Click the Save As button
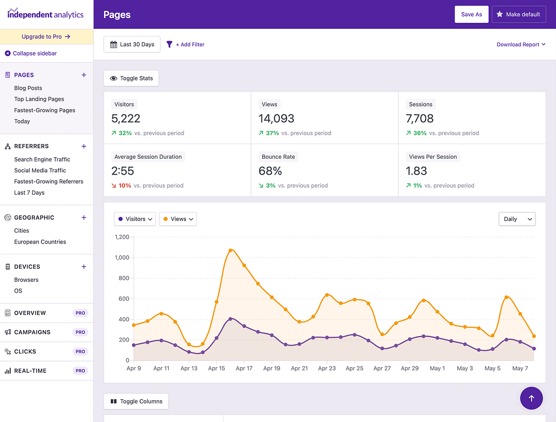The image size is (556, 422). coord(471,15)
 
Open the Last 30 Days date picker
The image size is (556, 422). coord(132,45)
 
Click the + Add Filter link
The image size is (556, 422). coord(186,45)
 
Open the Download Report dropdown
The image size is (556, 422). coord(521,45)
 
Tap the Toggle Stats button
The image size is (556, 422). coord(131,78)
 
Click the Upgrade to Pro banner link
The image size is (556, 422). coord(46,36)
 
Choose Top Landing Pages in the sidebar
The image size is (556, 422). coord(39,99)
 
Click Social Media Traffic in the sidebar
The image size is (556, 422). coord(40,170)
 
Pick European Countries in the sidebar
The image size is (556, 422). coord(40,242)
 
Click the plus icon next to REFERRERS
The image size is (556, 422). coord(84,146)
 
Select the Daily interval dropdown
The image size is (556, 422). coord(517,219)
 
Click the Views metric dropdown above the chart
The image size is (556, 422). coord(178,219)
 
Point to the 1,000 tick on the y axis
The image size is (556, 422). coord(122,258)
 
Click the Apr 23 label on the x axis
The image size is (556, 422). coord(327,368)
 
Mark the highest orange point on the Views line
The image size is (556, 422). coord(231,250)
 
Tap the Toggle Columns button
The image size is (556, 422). coord(136,401)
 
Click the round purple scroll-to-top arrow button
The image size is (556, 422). coord(531,398)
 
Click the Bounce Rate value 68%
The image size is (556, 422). coord(270,171)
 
